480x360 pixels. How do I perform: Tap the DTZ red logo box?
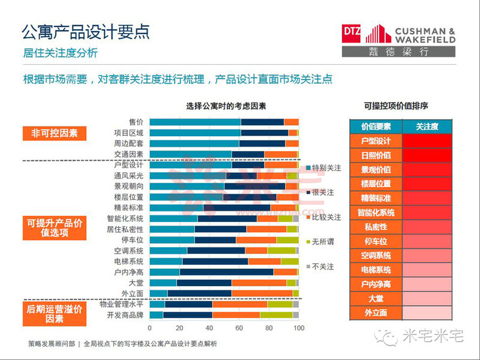point(352,34)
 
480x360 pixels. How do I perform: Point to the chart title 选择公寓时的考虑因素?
point(226,106)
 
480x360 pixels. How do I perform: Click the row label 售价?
point(136,122)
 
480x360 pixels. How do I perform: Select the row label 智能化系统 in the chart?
point(125,218)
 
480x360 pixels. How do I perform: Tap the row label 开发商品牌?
point(125,315)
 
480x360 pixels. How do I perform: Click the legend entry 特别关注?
point(326,167)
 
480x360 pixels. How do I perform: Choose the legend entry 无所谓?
point(323,241)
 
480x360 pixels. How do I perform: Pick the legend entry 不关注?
point(323,266)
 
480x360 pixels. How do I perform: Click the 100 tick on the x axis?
point(298,328)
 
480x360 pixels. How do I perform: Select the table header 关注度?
point(427,127)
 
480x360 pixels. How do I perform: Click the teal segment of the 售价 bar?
point(194,122)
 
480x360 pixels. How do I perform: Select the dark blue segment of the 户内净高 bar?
point(226,272)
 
